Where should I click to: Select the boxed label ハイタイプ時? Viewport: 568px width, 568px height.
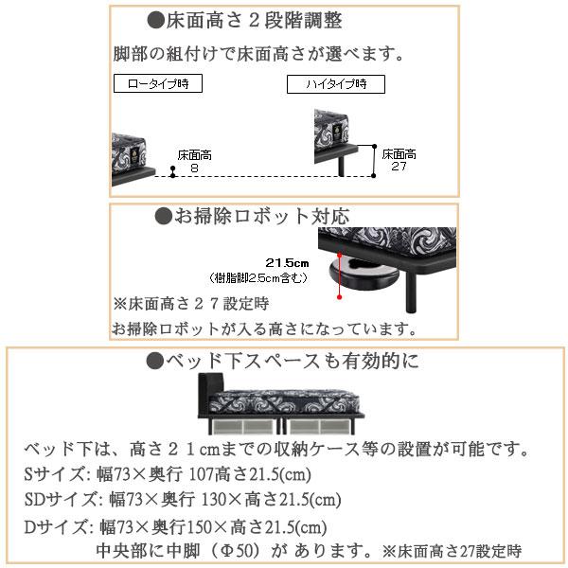(336, 84)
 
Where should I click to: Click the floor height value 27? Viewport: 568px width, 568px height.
(399, 166)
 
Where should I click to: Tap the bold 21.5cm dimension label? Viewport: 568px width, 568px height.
(288, 261)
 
